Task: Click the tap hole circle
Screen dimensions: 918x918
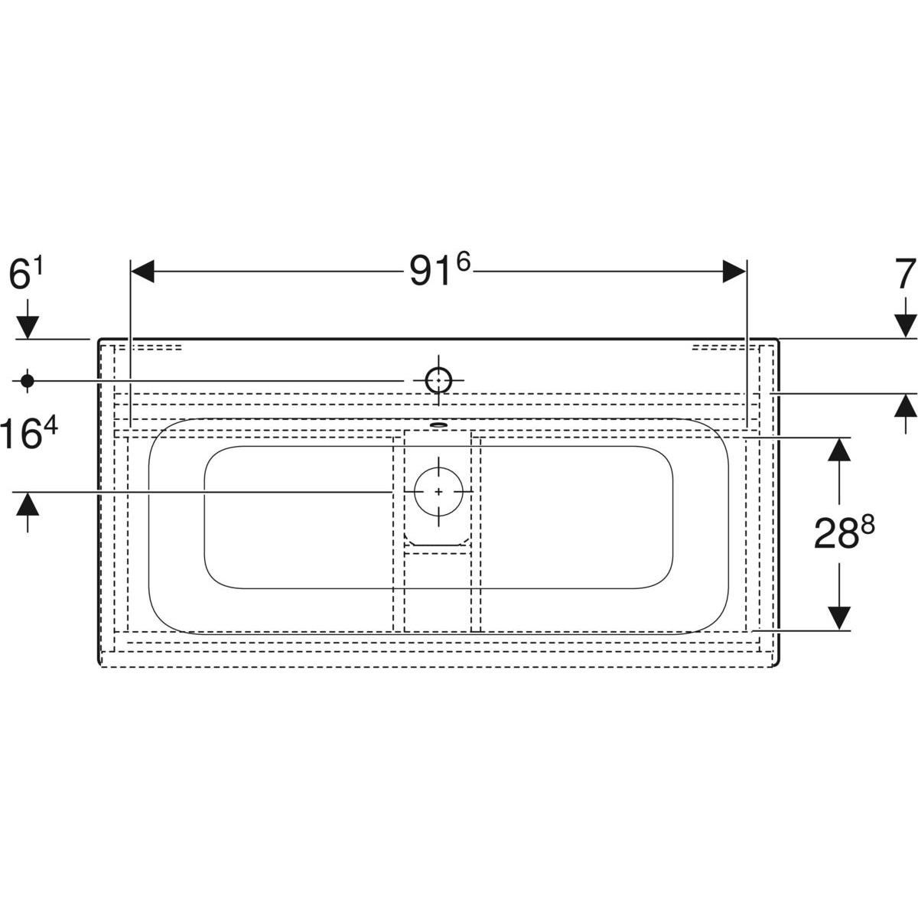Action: pos(438,380)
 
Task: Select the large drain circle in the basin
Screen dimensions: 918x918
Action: pos(438,492)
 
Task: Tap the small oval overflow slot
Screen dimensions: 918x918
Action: pos(438,424)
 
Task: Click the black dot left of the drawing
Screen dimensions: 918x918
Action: pos(27,381)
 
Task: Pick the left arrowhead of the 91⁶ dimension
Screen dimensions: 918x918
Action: pos(142,272)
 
